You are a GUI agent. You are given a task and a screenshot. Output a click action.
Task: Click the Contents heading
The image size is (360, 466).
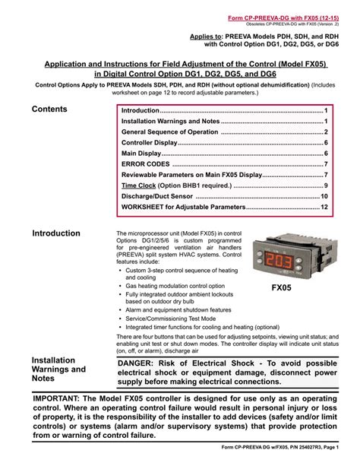click(49, 109)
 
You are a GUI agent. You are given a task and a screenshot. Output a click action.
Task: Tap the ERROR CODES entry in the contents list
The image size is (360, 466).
click(147, 163)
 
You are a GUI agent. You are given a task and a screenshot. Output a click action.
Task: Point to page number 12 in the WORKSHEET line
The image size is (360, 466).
click(324, 207)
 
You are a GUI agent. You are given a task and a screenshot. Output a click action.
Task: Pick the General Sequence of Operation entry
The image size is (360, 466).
click(170, 132)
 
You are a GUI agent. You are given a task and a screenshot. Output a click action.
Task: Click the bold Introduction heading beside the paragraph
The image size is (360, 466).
click(56, 233)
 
